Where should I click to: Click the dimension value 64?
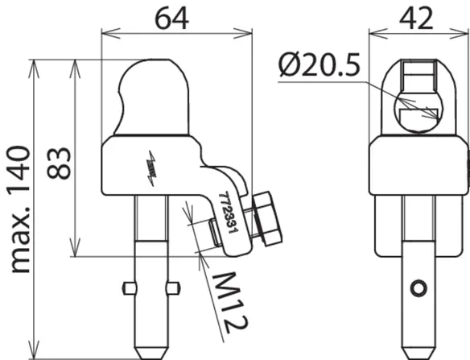[171, 19]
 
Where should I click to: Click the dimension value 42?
[416, 19]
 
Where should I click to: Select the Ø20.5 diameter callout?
[319, 64]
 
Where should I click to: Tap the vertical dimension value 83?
[59, 163]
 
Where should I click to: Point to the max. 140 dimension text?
[20, 209]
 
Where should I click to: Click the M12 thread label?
[230, 302]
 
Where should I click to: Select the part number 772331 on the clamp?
[229, 213]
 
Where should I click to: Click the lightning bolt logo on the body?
[151, 168]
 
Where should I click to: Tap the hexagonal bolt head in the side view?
[267, 218]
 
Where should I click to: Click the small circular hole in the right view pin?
[418, 288]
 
